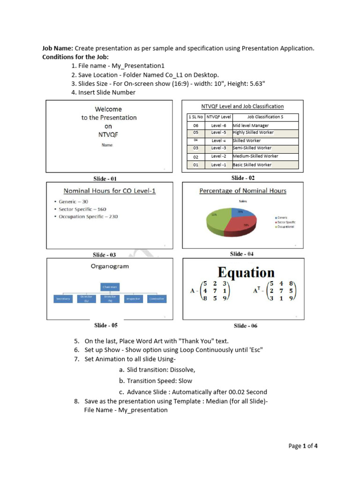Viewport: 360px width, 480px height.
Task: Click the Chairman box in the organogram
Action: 111,286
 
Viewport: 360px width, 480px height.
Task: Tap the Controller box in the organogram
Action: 157,299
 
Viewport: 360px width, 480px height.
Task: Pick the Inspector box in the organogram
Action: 133,299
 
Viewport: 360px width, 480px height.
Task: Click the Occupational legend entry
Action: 286,226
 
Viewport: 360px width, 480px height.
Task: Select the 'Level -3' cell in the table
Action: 219,148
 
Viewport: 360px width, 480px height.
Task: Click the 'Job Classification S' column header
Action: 265,117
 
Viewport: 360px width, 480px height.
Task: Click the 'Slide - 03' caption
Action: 104,255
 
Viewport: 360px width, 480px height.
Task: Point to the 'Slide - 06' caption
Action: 246,326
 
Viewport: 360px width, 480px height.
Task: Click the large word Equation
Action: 246,272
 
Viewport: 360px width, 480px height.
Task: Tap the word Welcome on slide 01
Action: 108,109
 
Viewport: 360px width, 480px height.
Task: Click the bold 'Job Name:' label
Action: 58,48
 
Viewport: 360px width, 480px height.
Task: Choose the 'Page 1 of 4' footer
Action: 303,446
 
